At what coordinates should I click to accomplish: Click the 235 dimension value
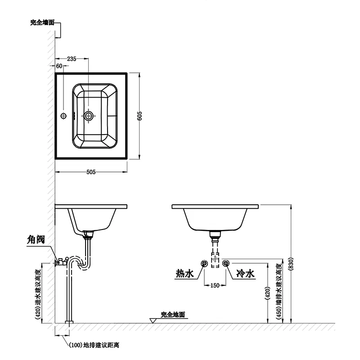(x=72, y=58)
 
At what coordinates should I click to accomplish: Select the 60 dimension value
(x=59, y=66)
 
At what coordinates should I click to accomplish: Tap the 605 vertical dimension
(x=140, y=116)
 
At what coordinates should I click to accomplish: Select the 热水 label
(x=185, y=273)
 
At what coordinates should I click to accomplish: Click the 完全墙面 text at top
(x=42, y=22)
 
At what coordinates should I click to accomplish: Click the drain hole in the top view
(x=89, y=116)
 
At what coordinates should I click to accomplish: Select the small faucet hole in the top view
(x=63, y=116)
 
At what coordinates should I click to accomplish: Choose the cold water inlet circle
(x=226, y=263)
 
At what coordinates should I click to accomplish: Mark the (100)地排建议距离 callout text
(x=94, y=346)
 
